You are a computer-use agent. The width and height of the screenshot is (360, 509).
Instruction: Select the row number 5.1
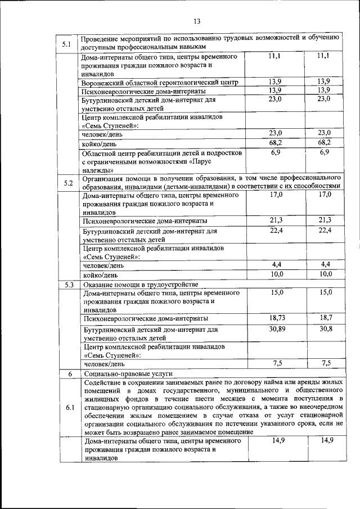[x=66, y=44]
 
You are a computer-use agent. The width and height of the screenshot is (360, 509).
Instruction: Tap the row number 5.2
[x=69, y=183]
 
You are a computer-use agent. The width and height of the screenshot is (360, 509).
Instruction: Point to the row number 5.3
[x=69, y=285]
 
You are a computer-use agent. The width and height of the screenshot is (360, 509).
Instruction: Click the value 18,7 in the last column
[x=323, y=318]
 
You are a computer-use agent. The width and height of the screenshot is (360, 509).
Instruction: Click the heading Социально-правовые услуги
[x=128, y=373]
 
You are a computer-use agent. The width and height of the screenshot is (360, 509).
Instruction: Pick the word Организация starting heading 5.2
[x=104, y=178]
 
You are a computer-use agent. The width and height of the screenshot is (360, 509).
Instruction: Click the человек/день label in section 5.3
[x=103, y=364]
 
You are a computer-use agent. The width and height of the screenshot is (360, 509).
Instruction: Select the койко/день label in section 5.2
[x=100, y=276]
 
